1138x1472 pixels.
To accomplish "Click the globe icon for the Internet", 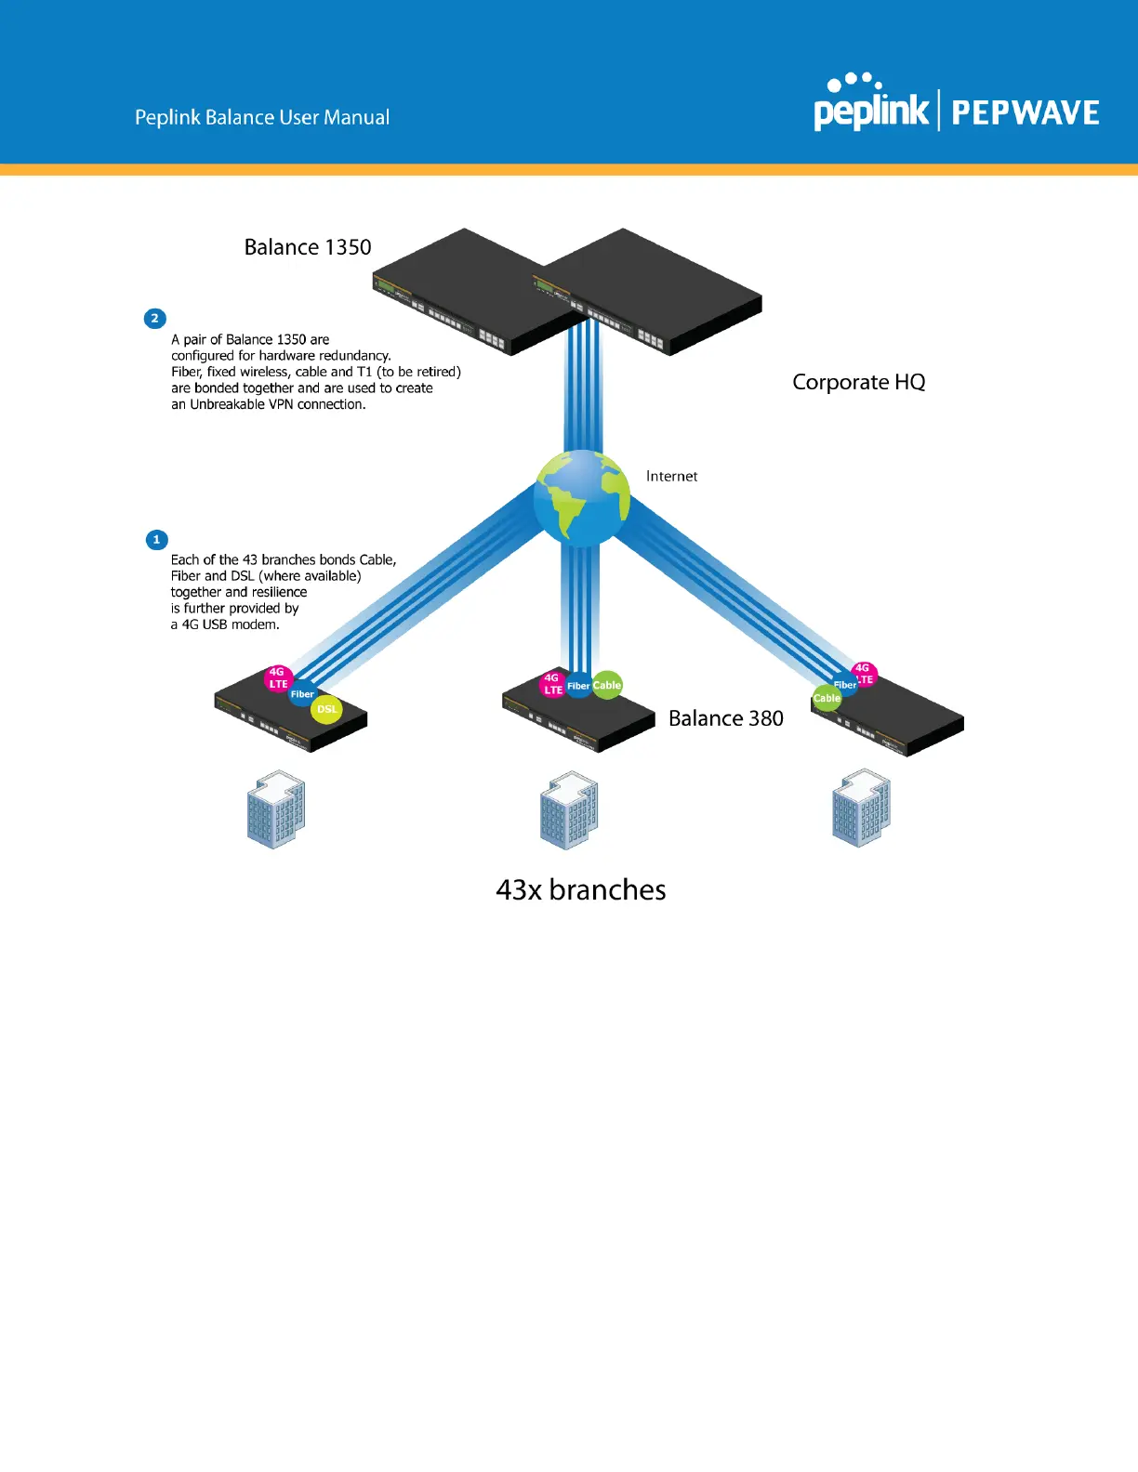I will click(582, 498).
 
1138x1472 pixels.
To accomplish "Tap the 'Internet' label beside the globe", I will click(671, 477).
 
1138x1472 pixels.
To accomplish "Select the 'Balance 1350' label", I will click(308, 247).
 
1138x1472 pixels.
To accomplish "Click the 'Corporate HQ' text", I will click(858, 382).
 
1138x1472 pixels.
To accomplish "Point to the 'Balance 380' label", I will click(725, 718).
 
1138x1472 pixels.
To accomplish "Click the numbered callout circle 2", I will click(155, 319).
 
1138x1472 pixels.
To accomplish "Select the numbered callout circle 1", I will click(156, 540).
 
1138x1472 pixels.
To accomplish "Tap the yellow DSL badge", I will click(326, 709).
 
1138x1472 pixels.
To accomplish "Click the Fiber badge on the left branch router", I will click(302, 694).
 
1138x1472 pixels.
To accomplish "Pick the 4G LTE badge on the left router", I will click(278, 678).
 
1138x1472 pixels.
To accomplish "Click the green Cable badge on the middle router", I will click(607, 685).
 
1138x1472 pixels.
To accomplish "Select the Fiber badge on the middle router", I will click(578, 686).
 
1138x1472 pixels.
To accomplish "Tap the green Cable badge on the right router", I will click(827, 698).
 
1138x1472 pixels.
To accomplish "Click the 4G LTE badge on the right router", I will click(864, 674).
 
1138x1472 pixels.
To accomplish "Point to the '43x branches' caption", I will click(581, 890).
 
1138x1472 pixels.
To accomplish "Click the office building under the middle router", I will click(569, 809).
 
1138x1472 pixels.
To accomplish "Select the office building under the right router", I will click(861, 808).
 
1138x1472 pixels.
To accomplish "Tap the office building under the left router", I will click(276, 809).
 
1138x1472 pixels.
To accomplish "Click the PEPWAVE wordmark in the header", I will click(1025, 113).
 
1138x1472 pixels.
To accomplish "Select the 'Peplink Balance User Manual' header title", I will click(262, 118).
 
